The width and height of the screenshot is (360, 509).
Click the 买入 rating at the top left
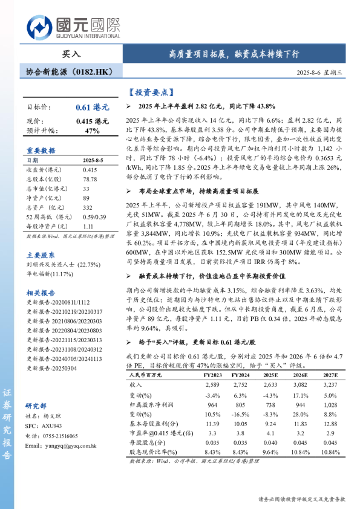tap(71, 54)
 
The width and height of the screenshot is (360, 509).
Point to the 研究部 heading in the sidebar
tap(36, 405)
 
